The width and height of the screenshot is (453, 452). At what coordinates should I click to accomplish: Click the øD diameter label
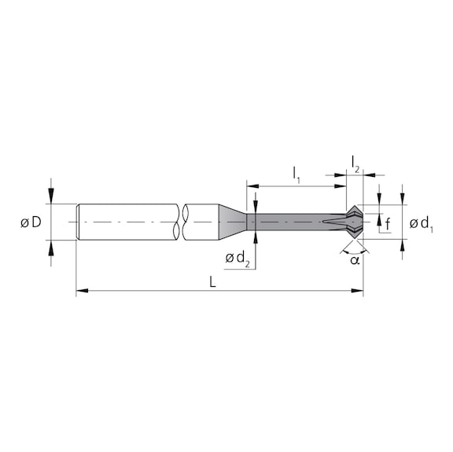(x=31, y=223)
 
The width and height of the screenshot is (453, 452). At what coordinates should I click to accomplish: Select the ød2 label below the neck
(x=237, y=259)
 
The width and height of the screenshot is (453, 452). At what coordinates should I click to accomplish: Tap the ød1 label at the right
(x=422, y=225)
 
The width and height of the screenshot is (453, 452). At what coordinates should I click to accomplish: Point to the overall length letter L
(x=213, y=281)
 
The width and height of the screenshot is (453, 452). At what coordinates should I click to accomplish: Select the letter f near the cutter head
(x=388, y=224)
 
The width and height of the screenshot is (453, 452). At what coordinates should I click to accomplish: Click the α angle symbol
(x=355, y=259)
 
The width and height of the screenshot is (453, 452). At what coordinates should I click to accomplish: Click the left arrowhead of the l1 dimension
(x=252, y=187)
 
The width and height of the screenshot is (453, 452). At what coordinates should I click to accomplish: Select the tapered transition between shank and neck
(x=233, y=222)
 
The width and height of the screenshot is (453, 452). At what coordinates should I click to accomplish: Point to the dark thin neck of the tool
(x=291, y=222)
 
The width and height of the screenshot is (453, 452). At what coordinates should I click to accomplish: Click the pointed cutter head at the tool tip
(x=353, y=222)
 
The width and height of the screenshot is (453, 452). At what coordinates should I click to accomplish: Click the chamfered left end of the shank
(x=78, y=222)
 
